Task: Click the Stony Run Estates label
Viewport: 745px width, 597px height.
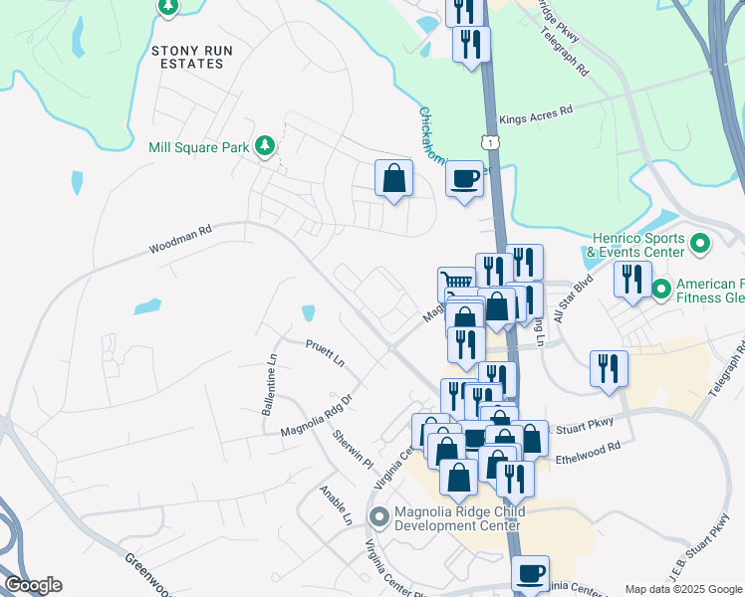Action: coord(187,56)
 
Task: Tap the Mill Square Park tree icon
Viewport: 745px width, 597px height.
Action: coord(264,147)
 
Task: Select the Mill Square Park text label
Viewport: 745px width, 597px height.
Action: coord(198,147)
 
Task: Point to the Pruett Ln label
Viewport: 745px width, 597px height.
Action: coord(325,351)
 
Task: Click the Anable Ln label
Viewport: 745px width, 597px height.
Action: coord(336,505)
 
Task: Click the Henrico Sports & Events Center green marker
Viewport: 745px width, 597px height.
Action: coord(699,242)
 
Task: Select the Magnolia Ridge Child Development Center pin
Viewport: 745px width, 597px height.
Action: coord(378,516)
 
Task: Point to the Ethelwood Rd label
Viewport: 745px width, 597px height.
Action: coord(588,448)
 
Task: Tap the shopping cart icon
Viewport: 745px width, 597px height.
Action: coord(457,283)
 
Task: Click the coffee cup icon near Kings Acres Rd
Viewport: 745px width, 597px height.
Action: coord(464,179)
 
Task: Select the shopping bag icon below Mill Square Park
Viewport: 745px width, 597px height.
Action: coord(394,179)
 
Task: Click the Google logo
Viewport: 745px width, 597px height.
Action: coord(33,585)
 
